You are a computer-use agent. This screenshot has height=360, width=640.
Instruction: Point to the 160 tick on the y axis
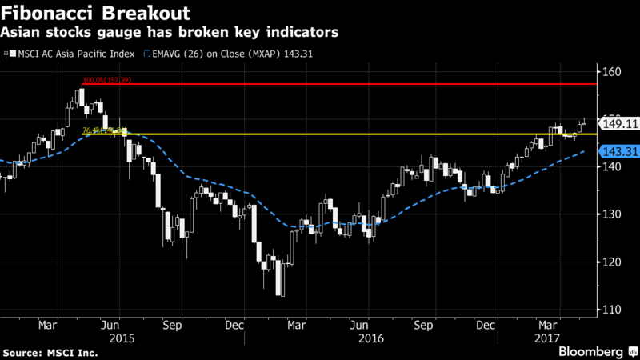click(612, 72)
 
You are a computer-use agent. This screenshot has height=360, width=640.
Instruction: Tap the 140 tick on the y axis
click(612, 166)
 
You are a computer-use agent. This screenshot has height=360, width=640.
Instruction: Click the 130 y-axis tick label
click(612, 214)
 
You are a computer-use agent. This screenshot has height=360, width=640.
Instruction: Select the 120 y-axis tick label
click(612, 262)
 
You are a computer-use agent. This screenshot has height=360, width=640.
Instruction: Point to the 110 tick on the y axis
click(612, 309)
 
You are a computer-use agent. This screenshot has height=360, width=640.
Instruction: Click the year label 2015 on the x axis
click(122, 338)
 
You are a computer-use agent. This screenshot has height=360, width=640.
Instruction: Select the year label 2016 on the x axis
click(372, 338)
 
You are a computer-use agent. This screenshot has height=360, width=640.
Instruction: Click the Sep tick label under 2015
click(171, 326)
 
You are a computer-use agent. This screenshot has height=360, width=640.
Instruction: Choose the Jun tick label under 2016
click(360, 326)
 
